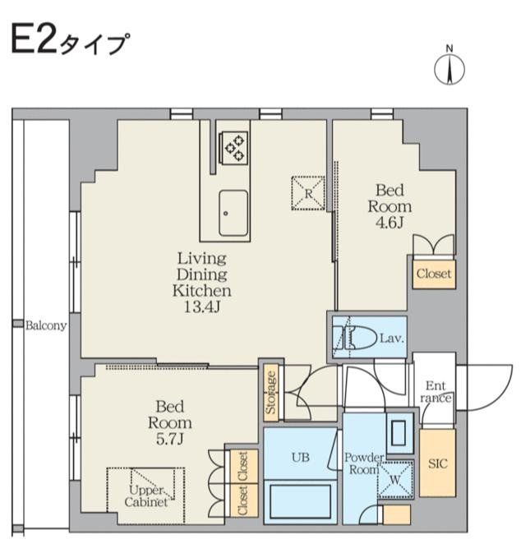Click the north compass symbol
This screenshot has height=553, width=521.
coord(450,69)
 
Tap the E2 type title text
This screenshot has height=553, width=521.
coord(69,40)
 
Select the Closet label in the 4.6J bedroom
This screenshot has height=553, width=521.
coord(432,274)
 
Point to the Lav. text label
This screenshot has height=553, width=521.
coord(390,337)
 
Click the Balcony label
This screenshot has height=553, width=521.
coord(46,325)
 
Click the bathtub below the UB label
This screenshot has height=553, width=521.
coord(300,500)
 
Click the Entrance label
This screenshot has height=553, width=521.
coord(436,392)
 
